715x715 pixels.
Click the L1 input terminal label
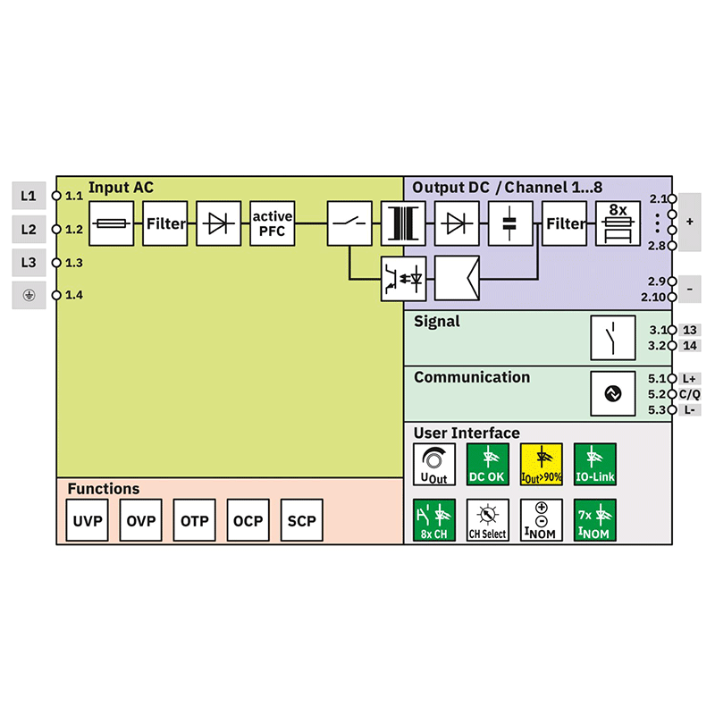29,195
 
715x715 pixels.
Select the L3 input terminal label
29,263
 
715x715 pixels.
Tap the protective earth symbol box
29,295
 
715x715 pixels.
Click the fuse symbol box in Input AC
112,223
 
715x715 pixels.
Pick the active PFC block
273,223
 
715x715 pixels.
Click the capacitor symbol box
510,223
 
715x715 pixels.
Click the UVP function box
88,521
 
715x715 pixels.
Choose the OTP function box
195,521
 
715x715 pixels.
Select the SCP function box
302,521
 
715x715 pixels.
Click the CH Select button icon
488,521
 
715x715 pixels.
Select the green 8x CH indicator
434,521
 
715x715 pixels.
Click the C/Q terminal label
689,394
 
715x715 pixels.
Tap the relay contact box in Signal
613,337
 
